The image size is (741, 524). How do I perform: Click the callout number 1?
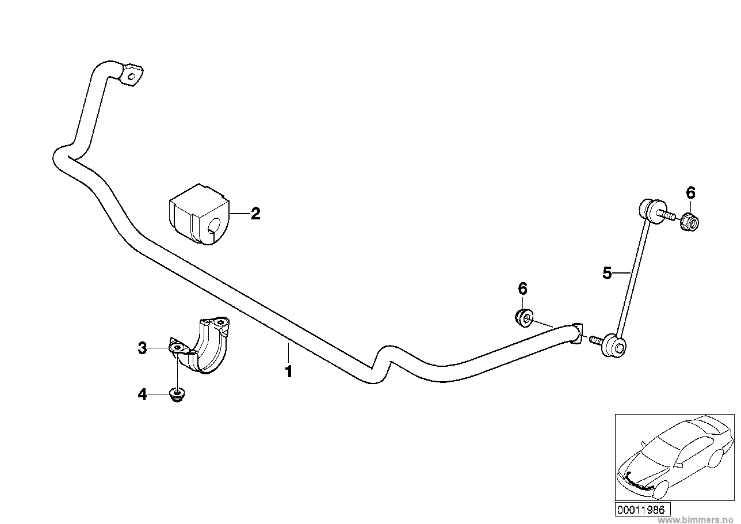click(x=289, y=371)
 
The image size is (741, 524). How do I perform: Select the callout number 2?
click(x=255, y=214)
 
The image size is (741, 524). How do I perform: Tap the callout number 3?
click(x=142, y=348)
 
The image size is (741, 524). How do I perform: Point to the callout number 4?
click(x=142, y=394)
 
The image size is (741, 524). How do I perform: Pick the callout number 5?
click(x=607, y=273)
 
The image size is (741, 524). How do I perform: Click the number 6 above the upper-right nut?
click(x=690, y=193)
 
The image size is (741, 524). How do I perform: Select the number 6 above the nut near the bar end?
click(x=522, y=288)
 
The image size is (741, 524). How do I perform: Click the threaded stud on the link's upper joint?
click(x=668, y=217)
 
